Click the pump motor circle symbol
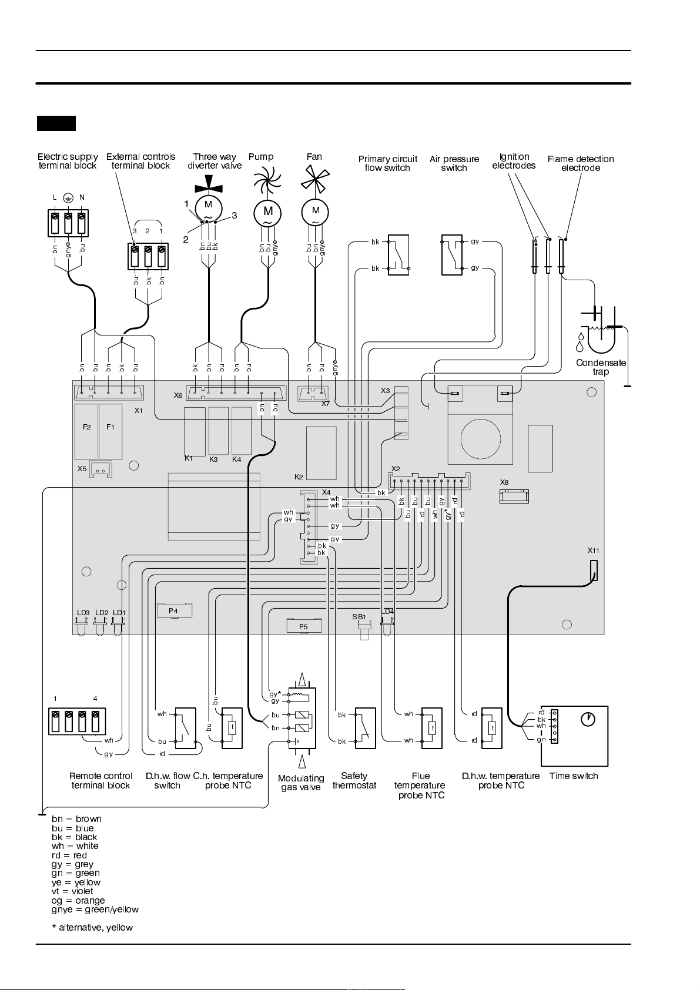(267, 213)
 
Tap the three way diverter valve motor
(208, 207)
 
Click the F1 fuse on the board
(110, 432)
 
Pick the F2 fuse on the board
(86, 432)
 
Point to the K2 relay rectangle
(321, 453)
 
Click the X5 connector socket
(101, 469)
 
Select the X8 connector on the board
(514, 496)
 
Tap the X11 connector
(594, 570)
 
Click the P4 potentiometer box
(175, 610)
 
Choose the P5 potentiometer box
(304, 626)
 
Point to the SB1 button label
(359, 616)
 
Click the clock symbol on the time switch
(588, 719)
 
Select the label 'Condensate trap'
(601, 367)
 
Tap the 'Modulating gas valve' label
(301, 782)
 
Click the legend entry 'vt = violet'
(72, 891)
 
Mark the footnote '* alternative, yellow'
(92, 928)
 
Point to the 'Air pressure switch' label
(454, 163)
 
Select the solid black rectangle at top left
(56, 123)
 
